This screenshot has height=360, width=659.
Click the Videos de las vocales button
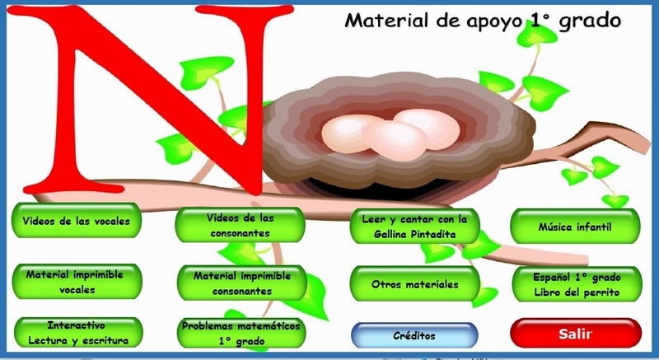coord(76,222)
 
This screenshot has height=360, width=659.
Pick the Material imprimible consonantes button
coord(241,283)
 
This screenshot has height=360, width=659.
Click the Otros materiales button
coord(414,284)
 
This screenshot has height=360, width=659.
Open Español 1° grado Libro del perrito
coord(576,284)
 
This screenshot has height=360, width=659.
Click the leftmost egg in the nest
coord(353,133)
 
